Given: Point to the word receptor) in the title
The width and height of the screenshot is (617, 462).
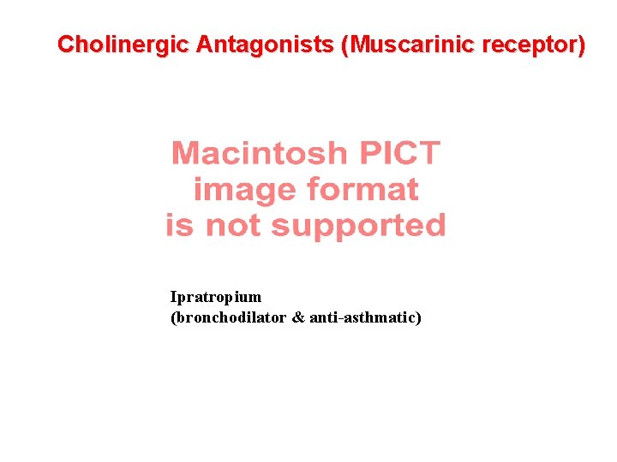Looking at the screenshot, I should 534,44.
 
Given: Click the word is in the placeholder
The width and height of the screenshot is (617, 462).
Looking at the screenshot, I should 181,226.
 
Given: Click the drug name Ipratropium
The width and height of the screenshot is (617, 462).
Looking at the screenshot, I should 216,298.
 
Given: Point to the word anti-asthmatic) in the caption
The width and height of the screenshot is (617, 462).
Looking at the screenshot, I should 366,318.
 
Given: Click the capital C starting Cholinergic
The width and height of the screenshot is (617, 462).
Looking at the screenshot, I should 65,44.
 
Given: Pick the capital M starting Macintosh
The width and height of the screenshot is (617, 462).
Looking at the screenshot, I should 186,154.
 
